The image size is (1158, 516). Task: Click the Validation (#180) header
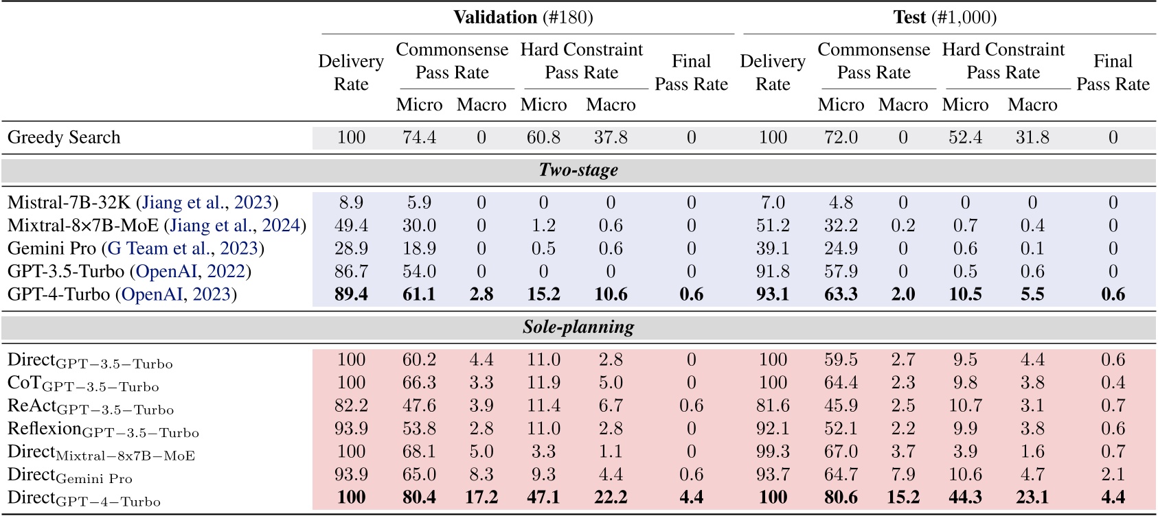tap(523, 17)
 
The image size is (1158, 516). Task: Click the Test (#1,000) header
tap(944, 17)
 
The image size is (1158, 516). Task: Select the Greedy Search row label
tap(64, 137)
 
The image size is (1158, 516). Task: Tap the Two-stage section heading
tap(578, 169)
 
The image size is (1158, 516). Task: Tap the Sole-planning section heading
tap(578, 327)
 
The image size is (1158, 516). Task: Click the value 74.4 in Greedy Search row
tap(419, 137)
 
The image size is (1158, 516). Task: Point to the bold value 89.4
tap(351, 294)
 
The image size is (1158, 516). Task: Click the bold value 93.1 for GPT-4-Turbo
tap(773, 294)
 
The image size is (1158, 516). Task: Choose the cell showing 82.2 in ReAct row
tap(351, 406)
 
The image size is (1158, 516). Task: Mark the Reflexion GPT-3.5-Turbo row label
tap(103, 430)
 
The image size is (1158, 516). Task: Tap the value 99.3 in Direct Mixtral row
tap(773, 451)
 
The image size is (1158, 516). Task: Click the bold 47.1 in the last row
tap(543, 497)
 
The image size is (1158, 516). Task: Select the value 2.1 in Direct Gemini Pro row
tap(1113, 474)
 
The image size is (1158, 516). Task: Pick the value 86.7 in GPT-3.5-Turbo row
tap(351, 272)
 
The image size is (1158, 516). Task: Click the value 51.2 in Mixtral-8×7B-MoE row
tap(773, 225)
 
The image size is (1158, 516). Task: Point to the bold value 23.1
tap(1032, 497)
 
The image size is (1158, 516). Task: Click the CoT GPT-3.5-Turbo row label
tap(83, 384)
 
